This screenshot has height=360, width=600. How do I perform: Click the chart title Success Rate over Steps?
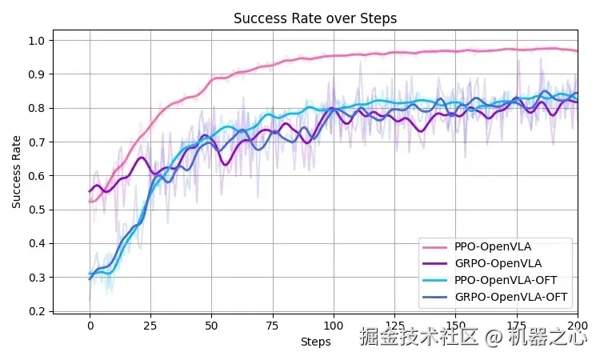tap(314, 18)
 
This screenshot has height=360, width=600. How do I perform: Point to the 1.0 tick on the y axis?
tap(37, 41)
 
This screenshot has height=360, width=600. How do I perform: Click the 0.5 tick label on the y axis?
tap(37, 210)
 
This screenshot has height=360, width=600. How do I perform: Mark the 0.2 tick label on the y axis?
tap(37, 311)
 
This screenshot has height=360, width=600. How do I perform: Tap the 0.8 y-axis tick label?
tap(37, 108)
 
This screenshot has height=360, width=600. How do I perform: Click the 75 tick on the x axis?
tap(272, 326)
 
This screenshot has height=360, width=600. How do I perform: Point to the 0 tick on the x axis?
tap(90, 326)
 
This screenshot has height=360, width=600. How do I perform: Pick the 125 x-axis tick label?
tap(394, 326)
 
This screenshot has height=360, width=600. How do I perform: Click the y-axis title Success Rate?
tap(17, 172)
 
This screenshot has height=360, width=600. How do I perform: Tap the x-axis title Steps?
tap(315, 342)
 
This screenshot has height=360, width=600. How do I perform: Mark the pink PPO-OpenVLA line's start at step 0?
tap(90, 202)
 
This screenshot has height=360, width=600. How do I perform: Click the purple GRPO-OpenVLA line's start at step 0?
tap(90, 191)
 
